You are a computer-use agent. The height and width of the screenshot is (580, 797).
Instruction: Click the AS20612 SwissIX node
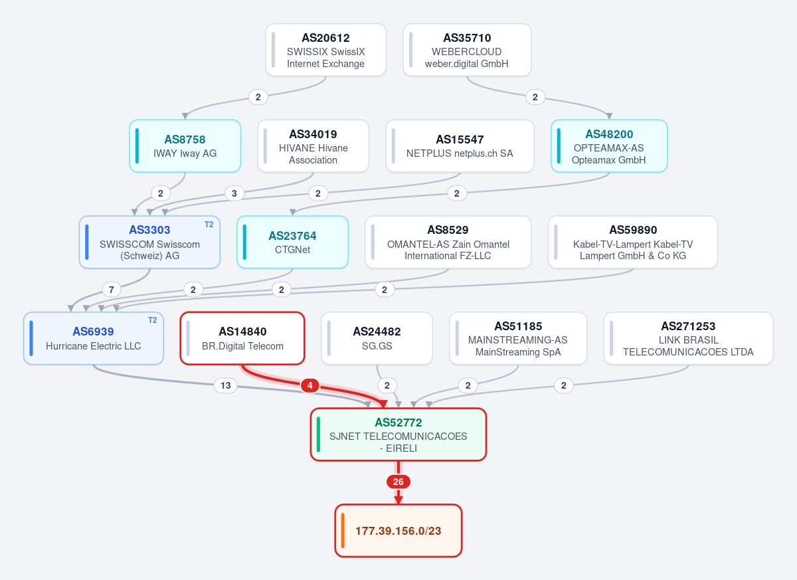click(x=325, y=50)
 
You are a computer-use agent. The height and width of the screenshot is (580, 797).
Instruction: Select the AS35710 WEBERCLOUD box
click(x=467, y=50)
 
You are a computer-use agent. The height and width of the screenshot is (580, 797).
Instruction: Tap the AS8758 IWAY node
click(x=185, y=146)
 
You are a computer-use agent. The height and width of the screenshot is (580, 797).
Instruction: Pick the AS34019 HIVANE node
click(x=313, y=146)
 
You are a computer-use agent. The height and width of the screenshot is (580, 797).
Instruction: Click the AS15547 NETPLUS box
click(x=460, y=146)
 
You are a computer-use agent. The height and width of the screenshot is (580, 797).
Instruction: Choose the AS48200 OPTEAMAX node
click(x=609, y=146)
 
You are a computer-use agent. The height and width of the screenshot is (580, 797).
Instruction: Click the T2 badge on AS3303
click(x=209, y=225)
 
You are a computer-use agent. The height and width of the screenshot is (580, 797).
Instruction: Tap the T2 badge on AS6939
click(x=153, y=320)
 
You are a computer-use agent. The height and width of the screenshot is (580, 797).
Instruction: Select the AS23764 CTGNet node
click(x=292, y=242)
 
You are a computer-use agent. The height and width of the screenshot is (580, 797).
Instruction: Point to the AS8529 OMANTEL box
click(x=448, y=242)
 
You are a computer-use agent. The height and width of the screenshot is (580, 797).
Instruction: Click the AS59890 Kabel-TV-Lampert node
click(x=633, y=242)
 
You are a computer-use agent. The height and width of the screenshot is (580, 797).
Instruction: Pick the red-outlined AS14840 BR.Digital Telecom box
click(x=242, y=338)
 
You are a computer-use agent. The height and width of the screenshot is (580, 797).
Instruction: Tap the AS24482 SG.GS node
click(x=377, y=338)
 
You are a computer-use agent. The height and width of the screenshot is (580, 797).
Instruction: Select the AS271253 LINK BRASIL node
click(x=689, y=338)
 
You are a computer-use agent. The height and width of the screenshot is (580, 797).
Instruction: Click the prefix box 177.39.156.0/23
click(x=398, y=531)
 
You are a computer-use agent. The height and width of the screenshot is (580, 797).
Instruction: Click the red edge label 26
click(x=398, y=482)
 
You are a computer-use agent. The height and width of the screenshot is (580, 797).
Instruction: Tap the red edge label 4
click(x=310, y=385)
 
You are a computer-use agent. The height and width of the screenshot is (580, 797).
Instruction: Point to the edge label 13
click(x=226, y=385)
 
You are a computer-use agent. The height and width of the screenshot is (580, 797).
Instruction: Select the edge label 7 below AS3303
click(x=112, y=290)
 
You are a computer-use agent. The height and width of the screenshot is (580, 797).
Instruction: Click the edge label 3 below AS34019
click(x=234, y=193)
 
